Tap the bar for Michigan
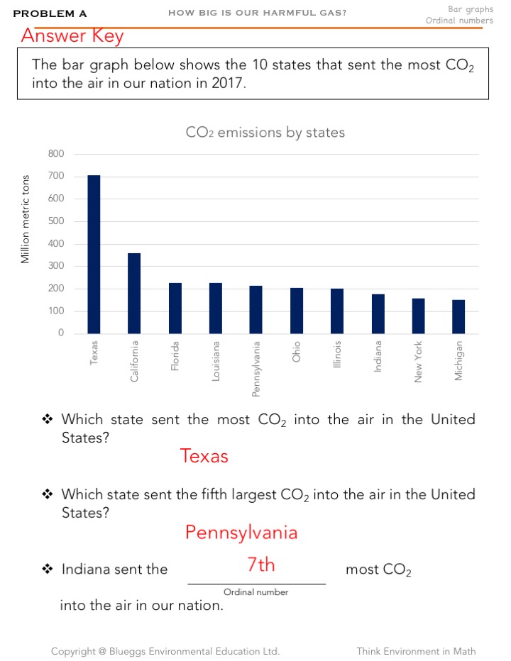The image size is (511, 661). [458, 316]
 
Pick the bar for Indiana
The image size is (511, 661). [378, 313]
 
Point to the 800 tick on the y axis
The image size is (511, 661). [56, 154]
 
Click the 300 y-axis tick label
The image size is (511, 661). [56, 266]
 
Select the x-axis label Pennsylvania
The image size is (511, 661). [256, 368]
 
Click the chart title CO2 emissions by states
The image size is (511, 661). [265, 133]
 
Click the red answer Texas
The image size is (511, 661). [204, 455]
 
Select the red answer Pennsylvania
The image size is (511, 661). [241, 532]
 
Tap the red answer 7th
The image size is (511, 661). [260, 565]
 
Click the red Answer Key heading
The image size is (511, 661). [72, 36]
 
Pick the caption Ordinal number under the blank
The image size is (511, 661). [255, 591]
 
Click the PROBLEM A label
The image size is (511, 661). [50, 13]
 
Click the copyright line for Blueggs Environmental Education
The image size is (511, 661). [165, 651]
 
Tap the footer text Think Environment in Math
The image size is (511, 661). [416, 651]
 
